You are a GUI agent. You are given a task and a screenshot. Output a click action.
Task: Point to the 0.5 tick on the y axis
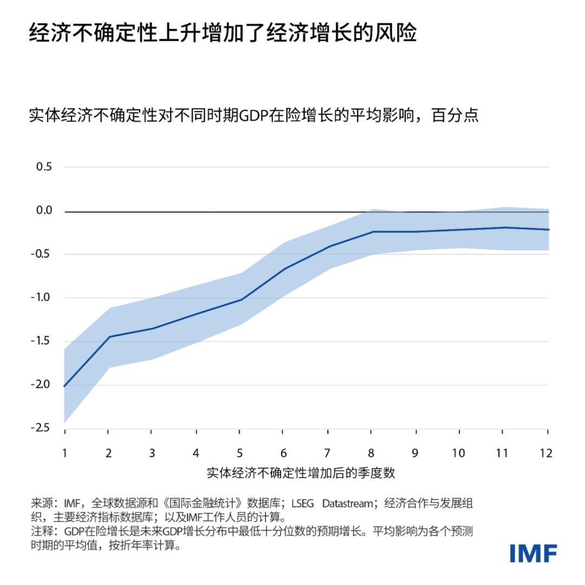43,167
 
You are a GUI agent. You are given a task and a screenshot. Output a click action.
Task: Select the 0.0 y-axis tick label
43,211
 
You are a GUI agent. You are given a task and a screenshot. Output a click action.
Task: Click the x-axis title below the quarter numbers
301,473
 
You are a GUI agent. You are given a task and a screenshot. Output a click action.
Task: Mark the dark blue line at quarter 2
108,337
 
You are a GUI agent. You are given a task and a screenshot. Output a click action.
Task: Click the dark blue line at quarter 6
283,268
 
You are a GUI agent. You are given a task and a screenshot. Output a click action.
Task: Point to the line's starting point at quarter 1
65,386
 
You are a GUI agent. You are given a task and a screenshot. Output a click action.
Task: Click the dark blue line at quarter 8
372,232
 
